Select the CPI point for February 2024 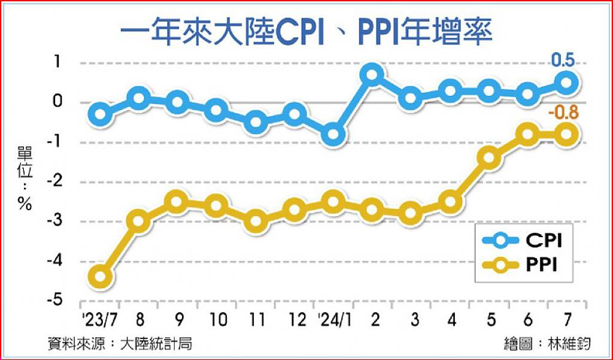click(372, 75)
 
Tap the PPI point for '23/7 click(100, 277)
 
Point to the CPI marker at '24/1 click(333, 135)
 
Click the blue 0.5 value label click(563, 60)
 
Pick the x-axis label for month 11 click(256, 319)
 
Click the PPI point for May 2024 click(489, 158)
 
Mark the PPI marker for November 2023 click(256, 220)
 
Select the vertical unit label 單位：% click(25, 180)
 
